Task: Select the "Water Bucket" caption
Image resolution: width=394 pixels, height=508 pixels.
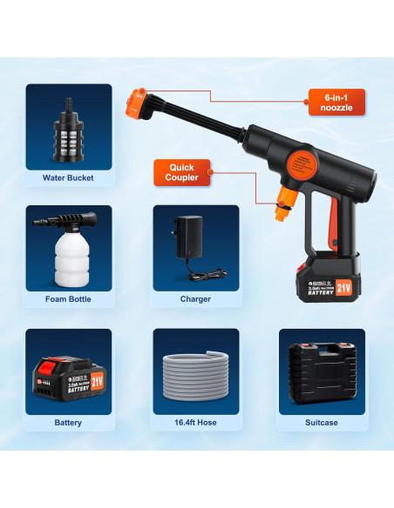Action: pyautogui.click(x=68, y=178)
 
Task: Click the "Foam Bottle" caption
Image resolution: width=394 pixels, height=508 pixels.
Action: pyautogui.click(x=68, y=299)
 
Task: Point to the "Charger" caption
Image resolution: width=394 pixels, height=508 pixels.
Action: pyautogui.click(x=196, y=299)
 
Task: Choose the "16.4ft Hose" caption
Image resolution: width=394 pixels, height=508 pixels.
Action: pyautogui.click(x=196, y=423)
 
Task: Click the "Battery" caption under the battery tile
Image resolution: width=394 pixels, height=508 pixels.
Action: pyautogui.click(x=68, y=423)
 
